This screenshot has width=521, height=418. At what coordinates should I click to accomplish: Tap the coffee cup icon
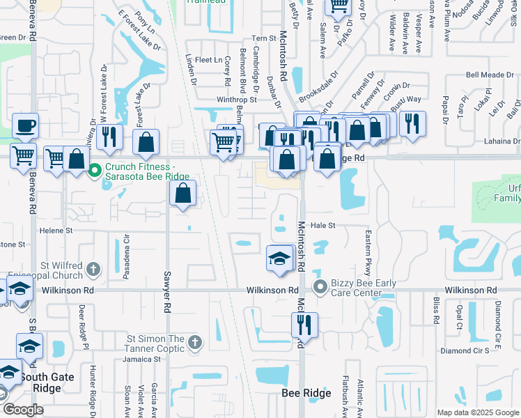coord(25,126)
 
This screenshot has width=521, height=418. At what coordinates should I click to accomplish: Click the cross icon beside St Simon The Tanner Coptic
coord(194,342)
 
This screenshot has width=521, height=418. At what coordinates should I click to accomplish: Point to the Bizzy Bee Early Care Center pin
coord(320,286)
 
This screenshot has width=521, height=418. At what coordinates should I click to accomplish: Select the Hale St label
coord(322,226)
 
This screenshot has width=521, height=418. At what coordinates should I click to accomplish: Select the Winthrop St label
coord(236,100)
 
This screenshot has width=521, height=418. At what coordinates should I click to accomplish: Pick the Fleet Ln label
coord(208,61)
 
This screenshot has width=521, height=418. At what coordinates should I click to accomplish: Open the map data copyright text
coord(478,412)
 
